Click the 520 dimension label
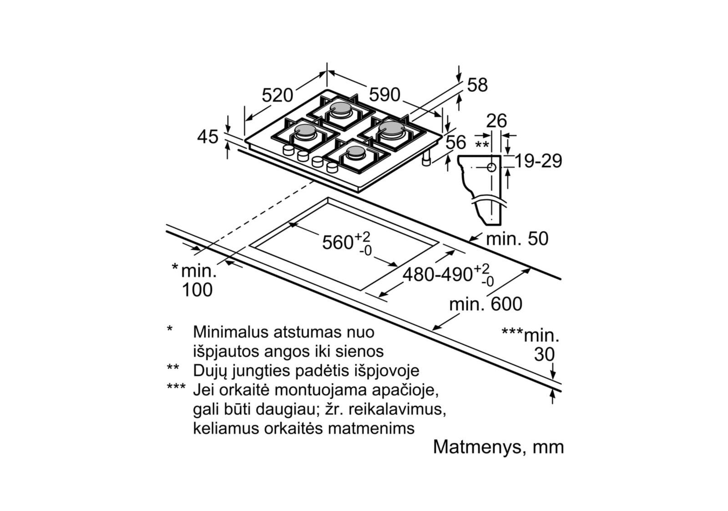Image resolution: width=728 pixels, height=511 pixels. [278, 95]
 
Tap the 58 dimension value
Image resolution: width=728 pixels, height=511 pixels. [477, 85]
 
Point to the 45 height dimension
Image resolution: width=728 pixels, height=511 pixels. [207, 137]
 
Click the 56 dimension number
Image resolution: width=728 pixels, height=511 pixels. [455, 142]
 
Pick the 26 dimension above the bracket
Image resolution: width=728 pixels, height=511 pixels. [496, 121]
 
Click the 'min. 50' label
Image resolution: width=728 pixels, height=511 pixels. [517, 239]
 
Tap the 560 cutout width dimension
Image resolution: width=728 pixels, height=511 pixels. [338, 242]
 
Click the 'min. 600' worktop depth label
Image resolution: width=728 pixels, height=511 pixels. [485, 304]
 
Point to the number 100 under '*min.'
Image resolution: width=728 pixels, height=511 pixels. [197, 290]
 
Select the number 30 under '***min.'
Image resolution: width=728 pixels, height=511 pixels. [544, 355]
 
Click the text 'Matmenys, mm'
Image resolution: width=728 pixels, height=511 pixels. [498, 447]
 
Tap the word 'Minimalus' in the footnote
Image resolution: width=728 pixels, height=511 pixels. [230, 332]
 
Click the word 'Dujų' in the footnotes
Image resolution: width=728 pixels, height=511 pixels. [209, 370]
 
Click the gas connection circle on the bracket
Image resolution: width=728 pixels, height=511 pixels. [491, 167]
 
